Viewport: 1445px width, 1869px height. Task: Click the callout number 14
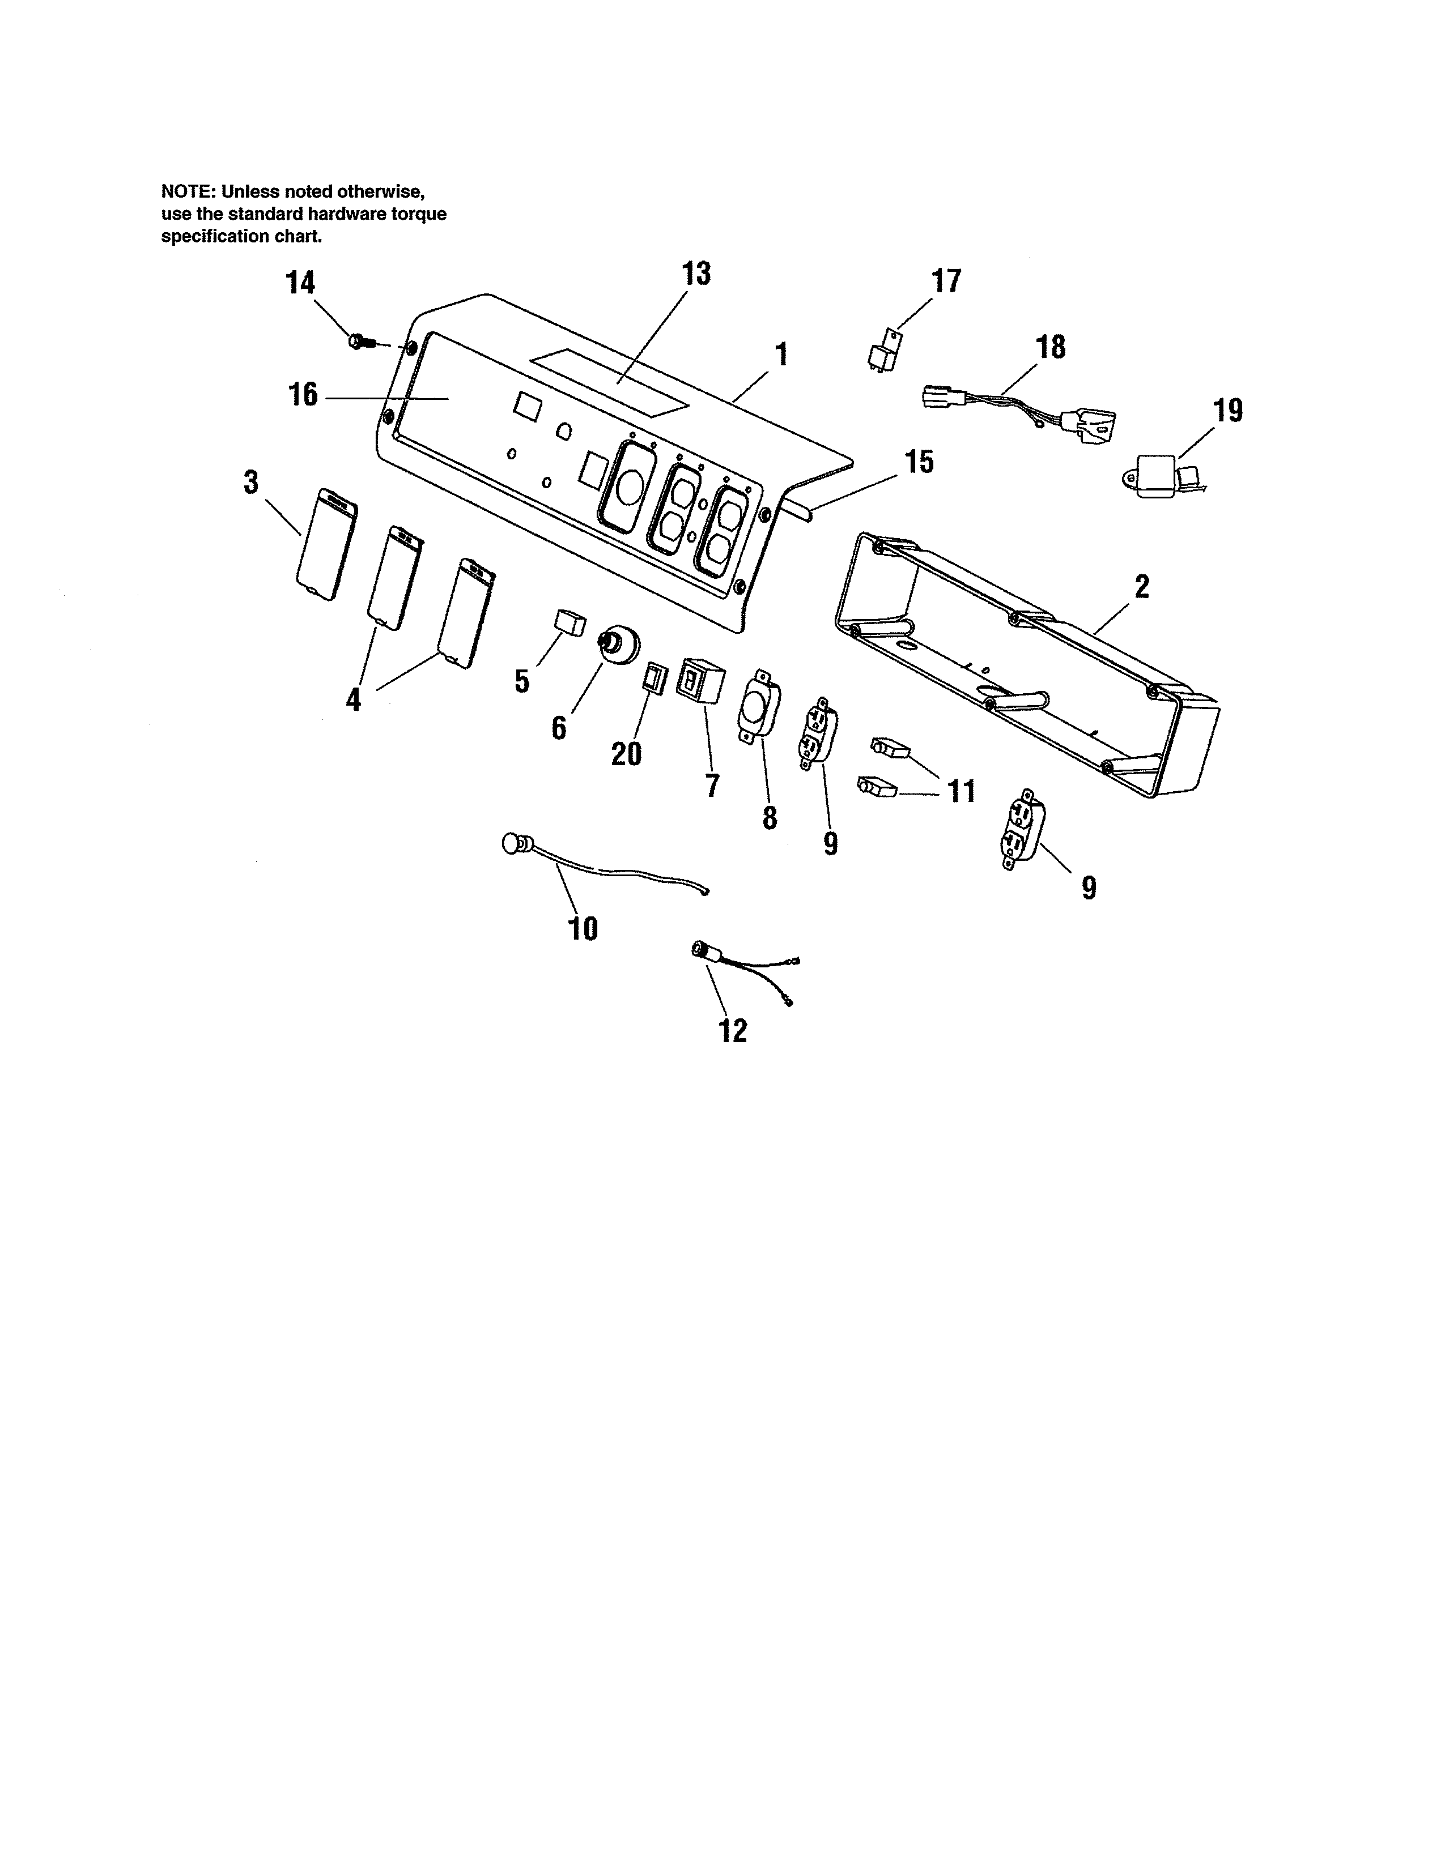300,283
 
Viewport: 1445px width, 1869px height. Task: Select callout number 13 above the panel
696,274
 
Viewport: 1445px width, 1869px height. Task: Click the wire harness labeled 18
1019,409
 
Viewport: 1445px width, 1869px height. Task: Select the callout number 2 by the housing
1142,587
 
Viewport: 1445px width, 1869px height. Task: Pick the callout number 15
919,462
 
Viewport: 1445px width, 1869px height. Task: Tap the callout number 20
626,754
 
